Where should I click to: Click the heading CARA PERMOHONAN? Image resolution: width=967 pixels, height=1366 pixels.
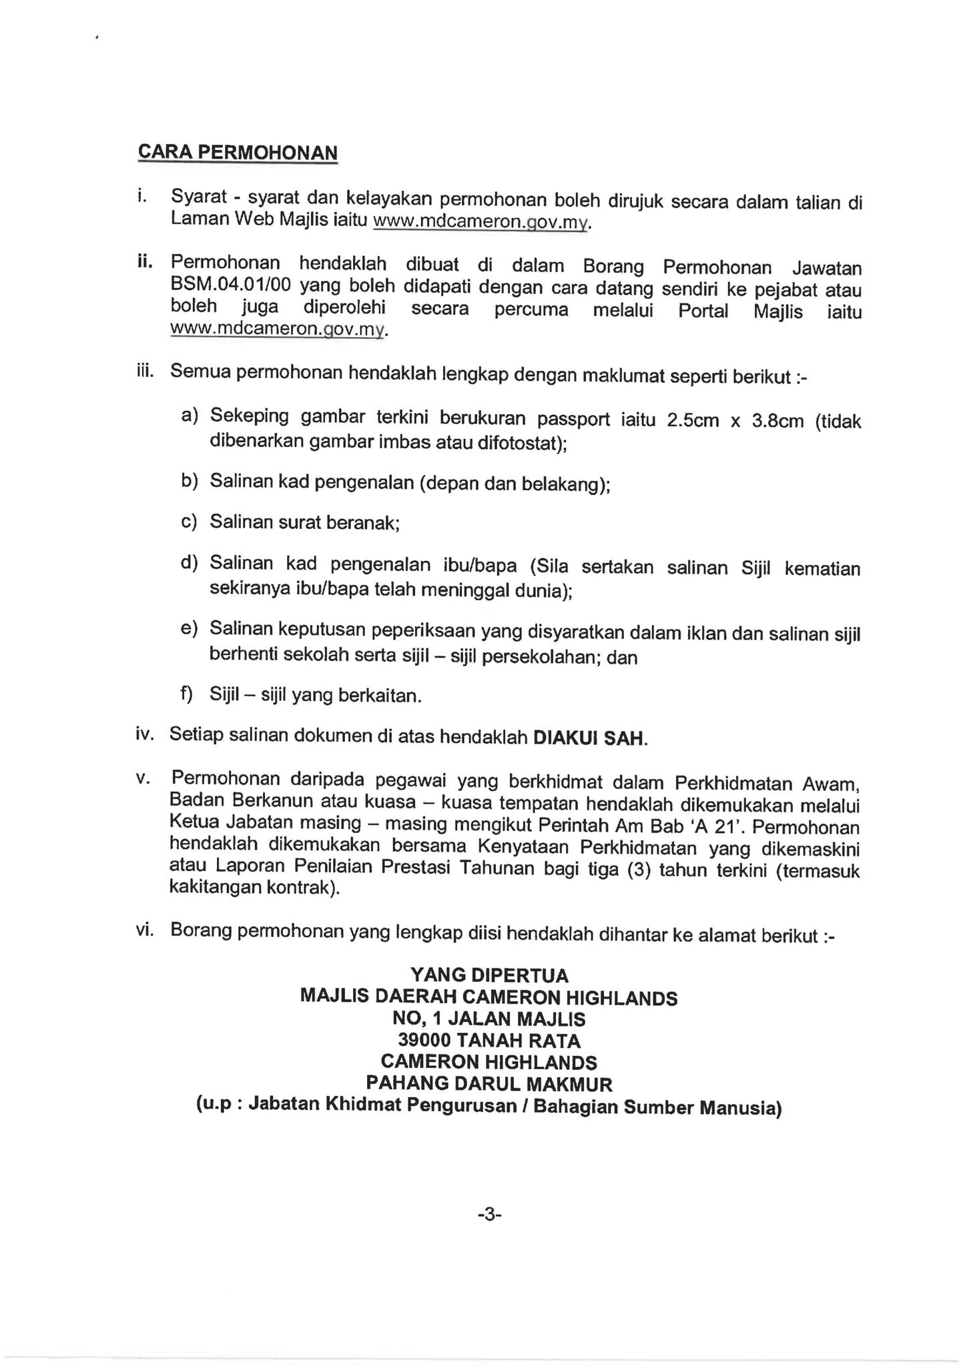point(237,153)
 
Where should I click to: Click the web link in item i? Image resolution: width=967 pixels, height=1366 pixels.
point(481,221)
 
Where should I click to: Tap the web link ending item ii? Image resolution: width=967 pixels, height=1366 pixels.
point(278,329)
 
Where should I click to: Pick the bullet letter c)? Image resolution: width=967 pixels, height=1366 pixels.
point(190,520)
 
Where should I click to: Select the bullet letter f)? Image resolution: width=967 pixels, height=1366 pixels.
point(186,694)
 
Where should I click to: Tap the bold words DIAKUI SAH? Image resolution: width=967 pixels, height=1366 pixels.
point(589,738)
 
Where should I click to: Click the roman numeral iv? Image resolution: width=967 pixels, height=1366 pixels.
point(145,734)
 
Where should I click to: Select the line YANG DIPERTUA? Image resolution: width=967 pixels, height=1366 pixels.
point(489,976)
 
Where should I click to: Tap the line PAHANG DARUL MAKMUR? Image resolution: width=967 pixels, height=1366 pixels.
point(489,1084)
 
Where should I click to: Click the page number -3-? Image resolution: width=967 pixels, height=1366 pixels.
point(489,1215)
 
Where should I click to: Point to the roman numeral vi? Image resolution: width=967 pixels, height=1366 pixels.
point(145,930)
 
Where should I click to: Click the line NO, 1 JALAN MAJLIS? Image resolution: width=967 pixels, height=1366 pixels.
point(489,1019)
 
